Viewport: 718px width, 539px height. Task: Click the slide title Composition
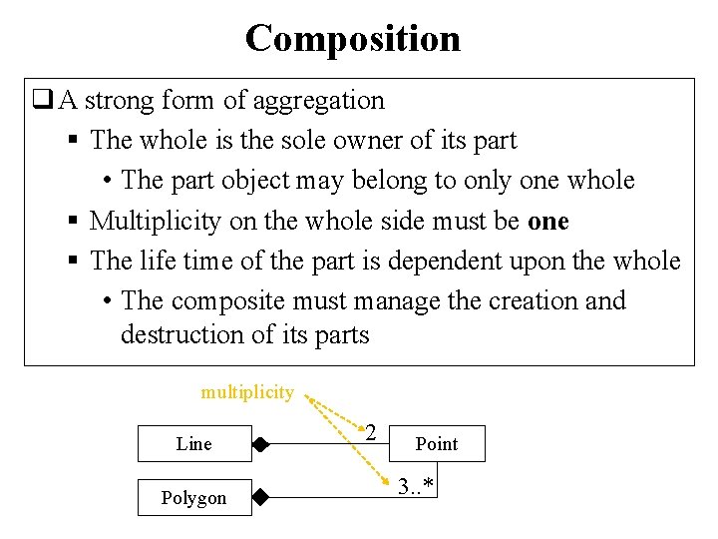(x=353, y=39)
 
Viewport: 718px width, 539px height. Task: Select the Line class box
(x=193, y=444)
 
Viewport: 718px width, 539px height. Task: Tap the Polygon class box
(x=193, y=497)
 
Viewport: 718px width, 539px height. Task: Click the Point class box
(x=436, y=444)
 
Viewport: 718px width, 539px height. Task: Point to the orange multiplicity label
(x=247, y=392)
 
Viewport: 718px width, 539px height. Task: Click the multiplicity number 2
(x=370, y=432)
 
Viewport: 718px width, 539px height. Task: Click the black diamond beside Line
(x=260, y=444)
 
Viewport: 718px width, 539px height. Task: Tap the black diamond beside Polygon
(x=260, y=496)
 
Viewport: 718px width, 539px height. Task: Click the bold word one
(x=547, y=221)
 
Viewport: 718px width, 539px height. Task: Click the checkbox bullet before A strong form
(x=43, y=100)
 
